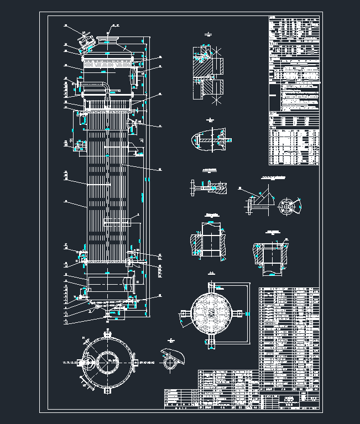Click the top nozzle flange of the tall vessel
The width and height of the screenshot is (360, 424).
109,39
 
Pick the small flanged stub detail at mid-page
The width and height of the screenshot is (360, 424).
206,186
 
